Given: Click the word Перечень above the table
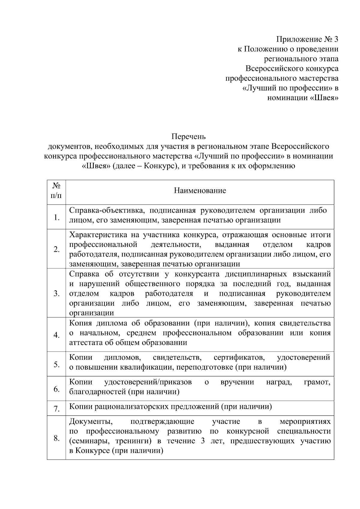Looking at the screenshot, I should coord(188,137).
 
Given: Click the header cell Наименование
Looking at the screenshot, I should coord(200,191).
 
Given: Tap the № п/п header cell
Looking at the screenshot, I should coord(56,191).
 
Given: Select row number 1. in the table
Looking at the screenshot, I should coord(56,217).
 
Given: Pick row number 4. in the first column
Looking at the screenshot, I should coord(56,335).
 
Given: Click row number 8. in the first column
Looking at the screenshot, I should coord(56,438).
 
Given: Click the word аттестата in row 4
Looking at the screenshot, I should coord(84,343).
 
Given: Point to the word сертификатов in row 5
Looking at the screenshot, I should coord(239,358).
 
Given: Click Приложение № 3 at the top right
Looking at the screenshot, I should coord(307,39).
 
